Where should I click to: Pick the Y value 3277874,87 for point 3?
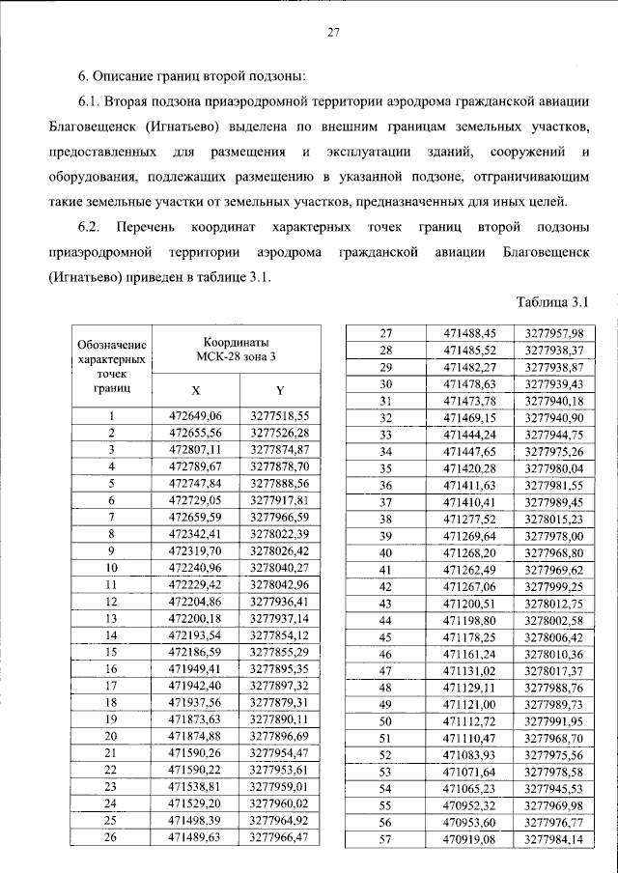click(x=279, y=450)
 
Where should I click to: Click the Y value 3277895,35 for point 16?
click(x=279, y=669)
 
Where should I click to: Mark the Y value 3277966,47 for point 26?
click(x=279, y=837)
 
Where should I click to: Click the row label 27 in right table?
click(x=385, y=332)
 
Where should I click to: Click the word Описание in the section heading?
click(x=129, y=76)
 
